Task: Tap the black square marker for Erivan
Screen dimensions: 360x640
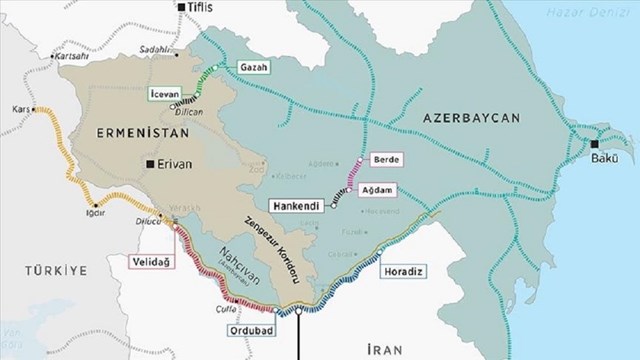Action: pyautogui.click(x=149, y=163)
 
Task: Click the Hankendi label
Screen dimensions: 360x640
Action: pyautogui.click(x=298, y=205)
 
